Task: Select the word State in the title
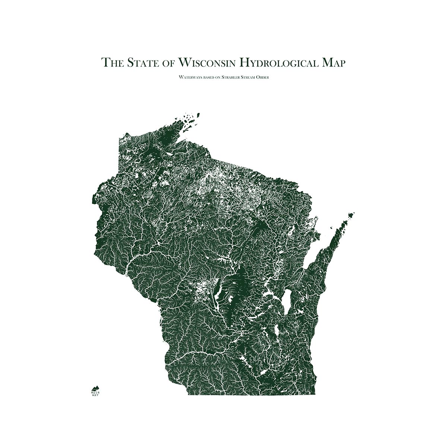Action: pyautogui.click(x=142, y=62)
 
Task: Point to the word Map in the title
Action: pyautogui.click(x=333, y=62)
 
